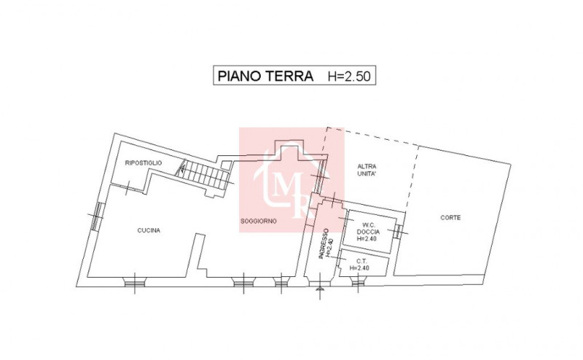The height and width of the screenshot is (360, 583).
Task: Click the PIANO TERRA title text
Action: [265, 76]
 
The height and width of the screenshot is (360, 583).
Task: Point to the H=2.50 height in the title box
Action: [349, 77]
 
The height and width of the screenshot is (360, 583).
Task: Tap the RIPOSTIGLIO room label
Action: [144, 163]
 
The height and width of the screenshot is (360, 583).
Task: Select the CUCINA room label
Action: [149, 230]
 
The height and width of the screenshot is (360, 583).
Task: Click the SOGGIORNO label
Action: [259, 221]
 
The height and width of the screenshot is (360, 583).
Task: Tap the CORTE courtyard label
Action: [450, 218]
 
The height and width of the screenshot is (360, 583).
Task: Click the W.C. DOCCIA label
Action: [368, 228]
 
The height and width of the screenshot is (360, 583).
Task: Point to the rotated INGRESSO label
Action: [323, 243]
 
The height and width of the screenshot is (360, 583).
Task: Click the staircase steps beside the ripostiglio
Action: [204, 176]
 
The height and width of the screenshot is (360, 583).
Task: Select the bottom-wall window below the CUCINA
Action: [134, 283]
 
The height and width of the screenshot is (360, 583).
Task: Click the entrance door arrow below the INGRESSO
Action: [319, 288]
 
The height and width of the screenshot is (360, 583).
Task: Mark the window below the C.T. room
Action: [356, 283]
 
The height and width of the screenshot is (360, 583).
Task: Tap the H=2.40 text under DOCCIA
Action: [367, 238]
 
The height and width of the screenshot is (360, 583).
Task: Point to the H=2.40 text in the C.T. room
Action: [359, 267]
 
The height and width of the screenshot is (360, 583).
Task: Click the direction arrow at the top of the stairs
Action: [182, 167]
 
